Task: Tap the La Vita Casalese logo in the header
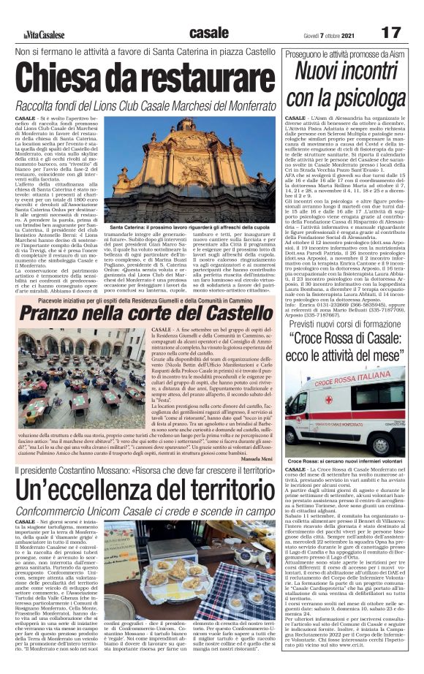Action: [43, 34]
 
